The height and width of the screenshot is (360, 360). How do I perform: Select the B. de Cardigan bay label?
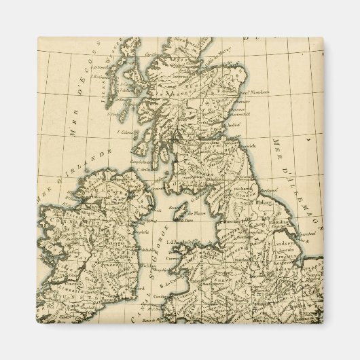point(176,278)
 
